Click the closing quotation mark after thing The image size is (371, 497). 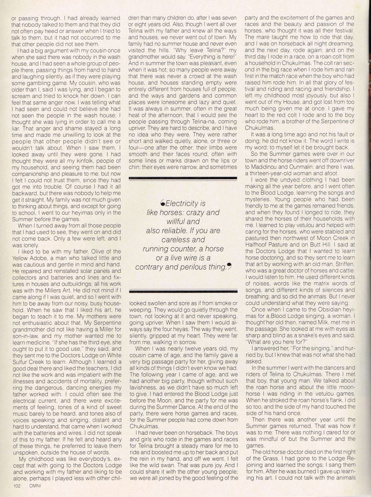point(229,266)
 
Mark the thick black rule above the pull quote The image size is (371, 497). point(183,178)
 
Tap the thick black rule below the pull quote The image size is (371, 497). point(183,292)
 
